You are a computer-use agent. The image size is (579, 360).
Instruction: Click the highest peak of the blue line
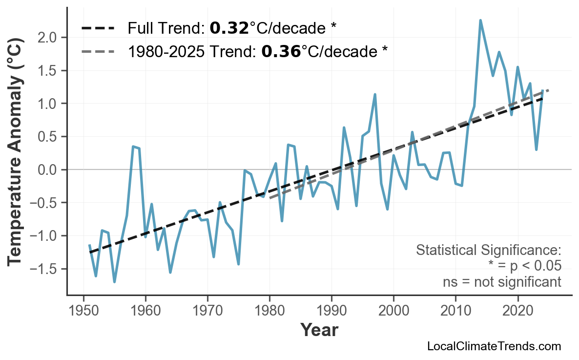(x=480, y=21)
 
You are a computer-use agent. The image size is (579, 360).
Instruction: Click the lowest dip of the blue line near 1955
(x=114, y=282)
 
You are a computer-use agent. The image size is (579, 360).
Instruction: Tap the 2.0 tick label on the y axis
(x=48, y=38)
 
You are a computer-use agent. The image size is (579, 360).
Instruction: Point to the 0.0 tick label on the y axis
(x=48, y=170)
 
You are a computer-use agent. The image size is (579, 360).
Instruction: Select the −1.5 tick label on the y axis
(x=44, y=269)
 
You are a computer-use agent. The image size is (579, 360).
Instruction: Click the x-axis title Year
(x=319, y=330)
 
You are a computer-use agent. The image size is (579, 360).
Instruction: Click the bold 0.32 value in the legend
(x=229, y=28)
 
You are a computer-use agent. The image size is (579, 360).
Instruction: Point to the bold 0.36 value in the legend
(x=281, y=51)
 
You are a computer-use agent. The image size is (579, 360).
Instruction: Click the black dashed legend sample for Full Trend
(x=98, y=28)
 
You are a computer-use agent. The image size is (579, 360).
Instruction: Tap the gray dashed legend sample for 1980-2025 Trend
(x=98, y=51)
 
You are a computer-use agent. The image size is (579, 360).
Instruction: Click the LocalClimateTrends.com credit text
(x=494, y=347)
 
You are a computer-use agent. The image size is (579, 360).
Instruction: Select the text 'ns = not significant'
(x=501, y=282)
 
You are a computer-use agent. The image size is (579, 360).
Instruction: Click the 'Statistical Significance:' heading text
(x=488, y=251)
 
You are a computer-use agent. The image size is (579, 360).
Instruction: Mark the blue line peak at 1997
(x=375, y=94)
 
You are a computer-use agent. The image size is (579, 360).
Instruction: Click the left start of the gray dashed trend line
(x=270, y=198)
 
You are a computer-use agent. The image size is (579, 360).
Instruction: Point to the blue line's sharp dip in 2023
(x=536, y=149)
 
